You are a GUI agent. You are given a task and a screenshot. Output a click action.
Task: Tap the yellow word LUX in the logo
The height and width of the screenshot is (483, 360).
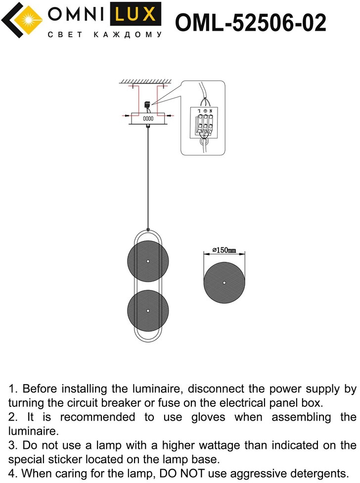[x=135, y=14]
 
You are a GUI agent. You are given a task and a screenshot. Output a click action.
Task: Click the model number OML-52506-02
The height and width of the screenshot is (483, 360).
[x=250, y=22]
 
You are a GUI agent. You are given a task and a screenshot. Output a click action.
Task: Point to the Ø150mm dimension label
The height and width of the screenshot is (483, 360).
[x=225, y=250]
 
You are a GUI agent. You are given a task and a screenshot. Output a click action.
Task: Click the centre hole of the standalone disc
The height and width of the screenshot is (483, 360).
[x=225, y=283]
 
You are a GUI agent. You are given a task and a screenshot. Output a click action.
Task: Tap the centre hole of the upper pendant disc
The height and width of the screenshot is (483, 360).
[x=148, y=261]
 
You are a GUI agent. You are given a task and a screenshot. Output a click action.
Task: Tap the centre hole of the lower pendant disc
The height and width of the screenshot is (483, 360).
[x=148, y=311]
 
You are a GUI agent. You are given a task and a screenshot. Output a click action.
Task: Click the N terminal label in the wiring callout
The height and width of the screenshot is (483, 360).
[x=211, y=111]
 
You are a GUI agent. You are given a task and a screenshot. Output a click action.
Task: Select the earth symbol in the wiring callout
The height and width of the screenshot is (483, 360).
[x=205, y=111]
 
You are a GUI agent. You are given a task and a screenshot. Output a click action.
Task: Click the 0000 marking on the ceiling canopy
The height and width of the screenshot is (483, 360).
[x=148, y=118]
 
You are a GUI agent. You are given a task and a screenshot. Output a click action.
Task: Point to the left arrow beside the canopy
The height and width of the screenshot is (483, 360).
[x=127, y=116]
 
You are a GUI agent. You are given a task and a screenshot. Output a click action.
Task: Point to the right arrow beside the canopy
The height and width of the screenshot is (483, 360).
[x=169, y=116]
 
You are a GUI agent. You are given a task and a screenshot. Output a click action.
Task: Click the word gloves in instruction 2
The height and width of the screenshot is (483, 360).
[x=208, y=417]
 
